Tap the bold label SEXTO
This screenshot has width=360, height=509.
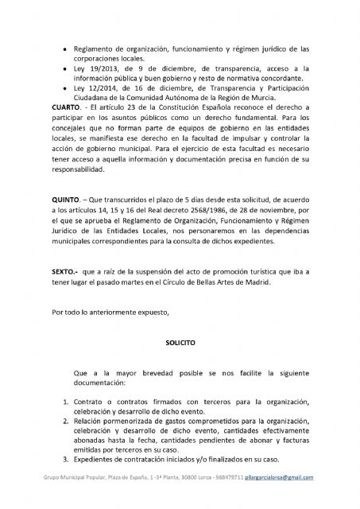64,273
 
